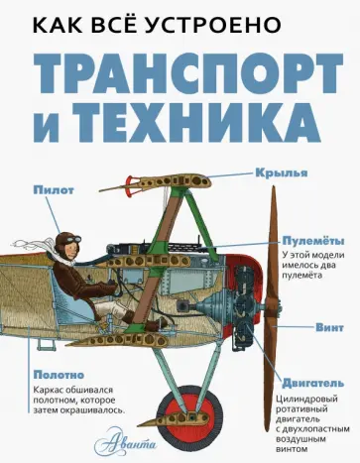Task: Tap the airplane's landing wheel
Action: (194, 401)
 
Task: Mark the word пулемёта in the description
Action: (315, 285)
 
